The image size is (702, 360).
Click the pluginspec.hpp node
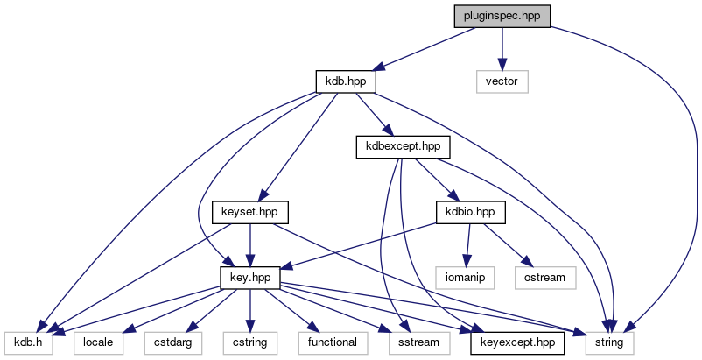click(x=502, y=17)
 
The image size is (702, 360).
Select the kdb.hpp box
click(x=346, y=81)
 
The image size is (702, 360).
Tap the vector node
click(x=502, y=81)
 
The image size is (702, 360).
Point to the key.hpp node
click(x=249, y=277)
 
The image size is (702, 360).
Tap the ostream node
click(x=545, y=277)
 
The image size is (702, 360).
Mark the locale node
click(x=97, y=342)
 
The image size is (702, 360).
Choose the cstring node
click(x=249, y=342)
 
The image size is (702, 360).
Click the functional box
click(x=331, y=342)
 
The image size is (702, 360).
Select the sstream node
click(x=414, y=342)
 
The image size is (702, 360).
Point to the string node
click(x=609, y=342)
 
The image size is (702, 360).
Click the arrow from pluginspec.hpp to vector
click(x=502, y=49)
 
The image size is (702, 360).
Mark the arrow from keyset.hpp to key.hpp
click(x=250, y=244)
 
